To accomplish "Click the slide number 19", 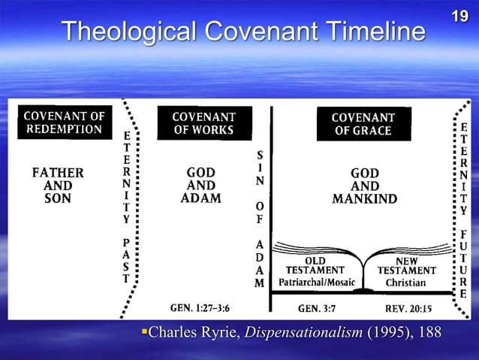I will [x=463, y=14].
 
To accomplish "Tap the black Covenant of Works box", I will [x=203, y=123].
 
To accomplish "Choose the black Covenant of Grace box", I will [x=363, y=124].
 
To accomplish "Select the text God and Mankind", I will [x=364, y=186].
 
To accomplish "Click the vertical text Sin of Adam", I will [x=259, y=218].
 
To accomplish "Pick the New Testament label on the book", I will [x=406, y=265].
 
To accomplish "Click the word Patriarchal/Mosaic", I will [x=318, y=283].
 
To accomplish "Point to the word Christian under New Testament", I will [x=406, y=283].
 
